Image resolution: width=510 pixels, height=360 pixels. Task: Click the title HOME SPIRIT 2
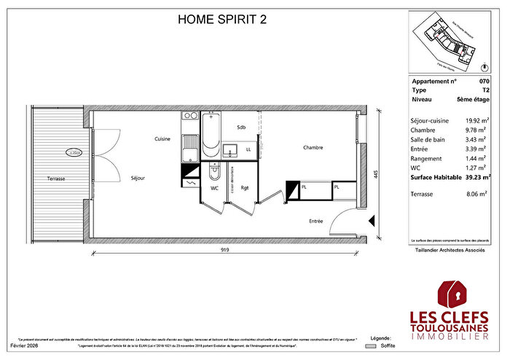pyautogui.click(x=222, y=20)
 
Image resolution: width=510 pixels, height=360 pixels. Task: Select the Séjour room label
pyautogui.click(x=138, y=178)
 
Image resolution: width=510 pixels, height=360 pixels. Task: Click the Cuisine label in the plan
pyautogui.click(x=162, y=138)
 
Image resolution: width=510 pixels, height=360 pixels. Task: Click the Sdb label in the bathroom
pyautogui.click(x=241, y=127)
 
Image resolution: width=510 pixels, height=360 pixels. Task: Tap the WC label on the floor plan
pyautogui.click(x=215, y=188)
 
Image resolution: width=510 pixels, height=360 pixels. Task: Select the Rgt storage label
pyautogui.click(x=245, y=188)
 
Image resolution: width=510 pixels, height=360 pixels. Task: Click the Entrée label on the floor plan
pyautogui.click(x=316, y=221)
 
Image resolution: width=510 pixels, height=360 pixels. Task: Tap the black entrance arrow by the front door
pyautogui.click(x=372, y=220)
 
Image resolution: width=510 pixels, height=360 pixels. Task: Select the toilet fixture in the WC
pyautogui.click(x=213, y=173)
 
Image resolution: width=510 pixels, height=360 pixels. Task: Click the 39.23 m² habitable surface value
pyautogui.click(x=474, y=176)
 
